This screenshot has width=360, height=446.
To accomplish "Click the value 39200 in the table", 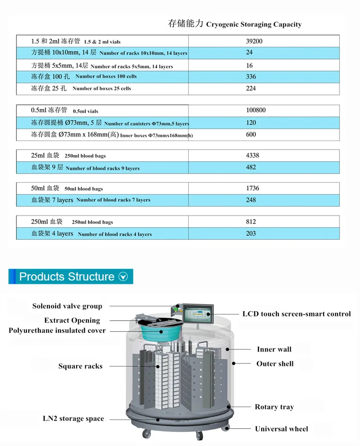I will pyautogui.click(x=254, y=41).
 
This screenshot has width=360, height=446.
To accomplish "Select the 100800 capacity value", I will pyautogui.click(x=256, y=110).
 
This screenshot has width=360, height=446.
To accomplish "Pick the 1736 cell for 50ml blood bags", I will pyautogui.click(x=252, y=188).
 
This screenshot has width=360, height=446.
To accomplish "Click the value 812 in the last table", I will pyautogui.click(x=251, y=222).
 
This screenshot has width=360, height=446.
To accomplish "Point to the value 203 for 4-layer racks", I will pyautogui.click(x=251, y=234).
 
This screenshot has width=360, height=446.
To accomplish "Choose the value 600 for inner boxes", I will pyautogui.click(x=251, y=135).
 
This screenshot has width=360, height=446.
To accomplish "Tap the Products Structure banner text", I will pyautogui.click(x=67, y=277).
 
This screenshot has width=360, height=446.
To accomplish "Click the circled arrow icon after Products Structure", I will pyautogui.click(x=123, y=277).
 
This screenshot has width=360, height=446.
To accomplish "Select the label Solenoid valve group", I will pyautogui.click(x=67, y=306).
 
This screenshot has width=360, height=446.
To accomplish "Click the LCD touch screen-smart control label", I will pyautogui.click(x=296, y=314).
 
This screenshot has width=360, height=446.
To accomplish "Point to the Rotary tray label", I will pyautogui.click(x=274, y=407).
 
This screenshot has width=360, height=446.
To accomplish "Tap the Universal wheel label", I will pyautogui.click(x=281, y=429).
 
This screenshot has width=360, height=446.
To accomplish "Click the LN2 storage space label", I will pyautogui.click(x=73, y=419).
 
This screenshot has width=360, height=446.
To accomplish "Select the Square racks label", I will pyautogui.click(x=80, y=366).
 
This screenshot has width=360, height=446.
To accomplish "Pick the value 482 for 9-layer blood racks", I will pyautogui.click(x=251, y=167).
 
